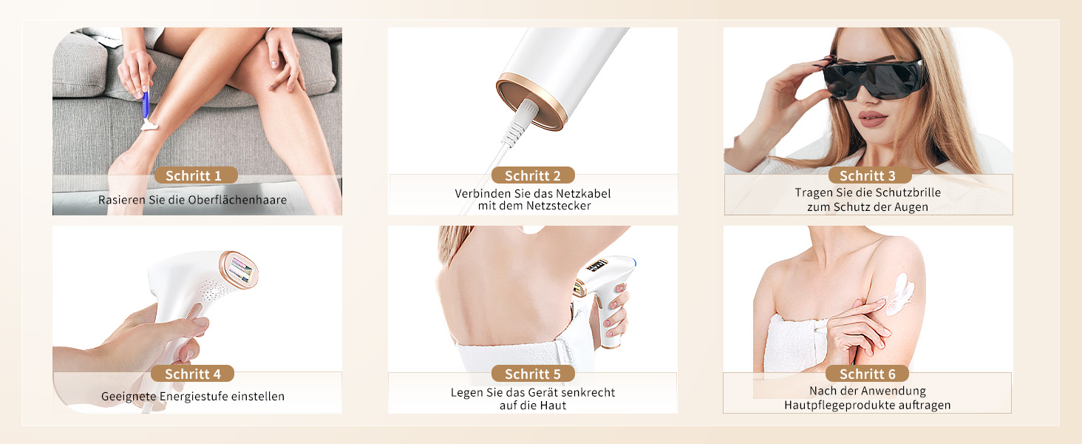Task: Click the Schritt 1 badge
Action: [x=196, y=175]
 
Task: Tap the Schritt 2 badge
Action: [x=533, y=175]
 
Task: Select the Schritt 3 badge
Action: [x=869, y=175]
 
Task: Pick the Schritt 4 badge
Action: [x=192, y=374]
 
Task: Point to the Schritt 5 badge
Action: [x=533, y=374]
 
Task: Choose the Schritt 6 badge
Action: [x=867, y=374]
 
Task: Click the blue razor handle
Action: [x=146, y=104]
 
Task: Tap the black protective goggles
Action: [x=874, y=79]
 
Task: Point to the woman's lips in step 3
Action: [x=873, y=118]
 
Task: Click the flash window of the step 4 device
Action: [x=240, y=270]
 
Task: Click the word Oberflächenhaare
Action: [x=237, y=200]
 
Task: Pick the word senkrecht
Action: [x=588, y=392]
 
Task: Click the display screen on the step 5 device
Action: [x=596, y=266]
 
